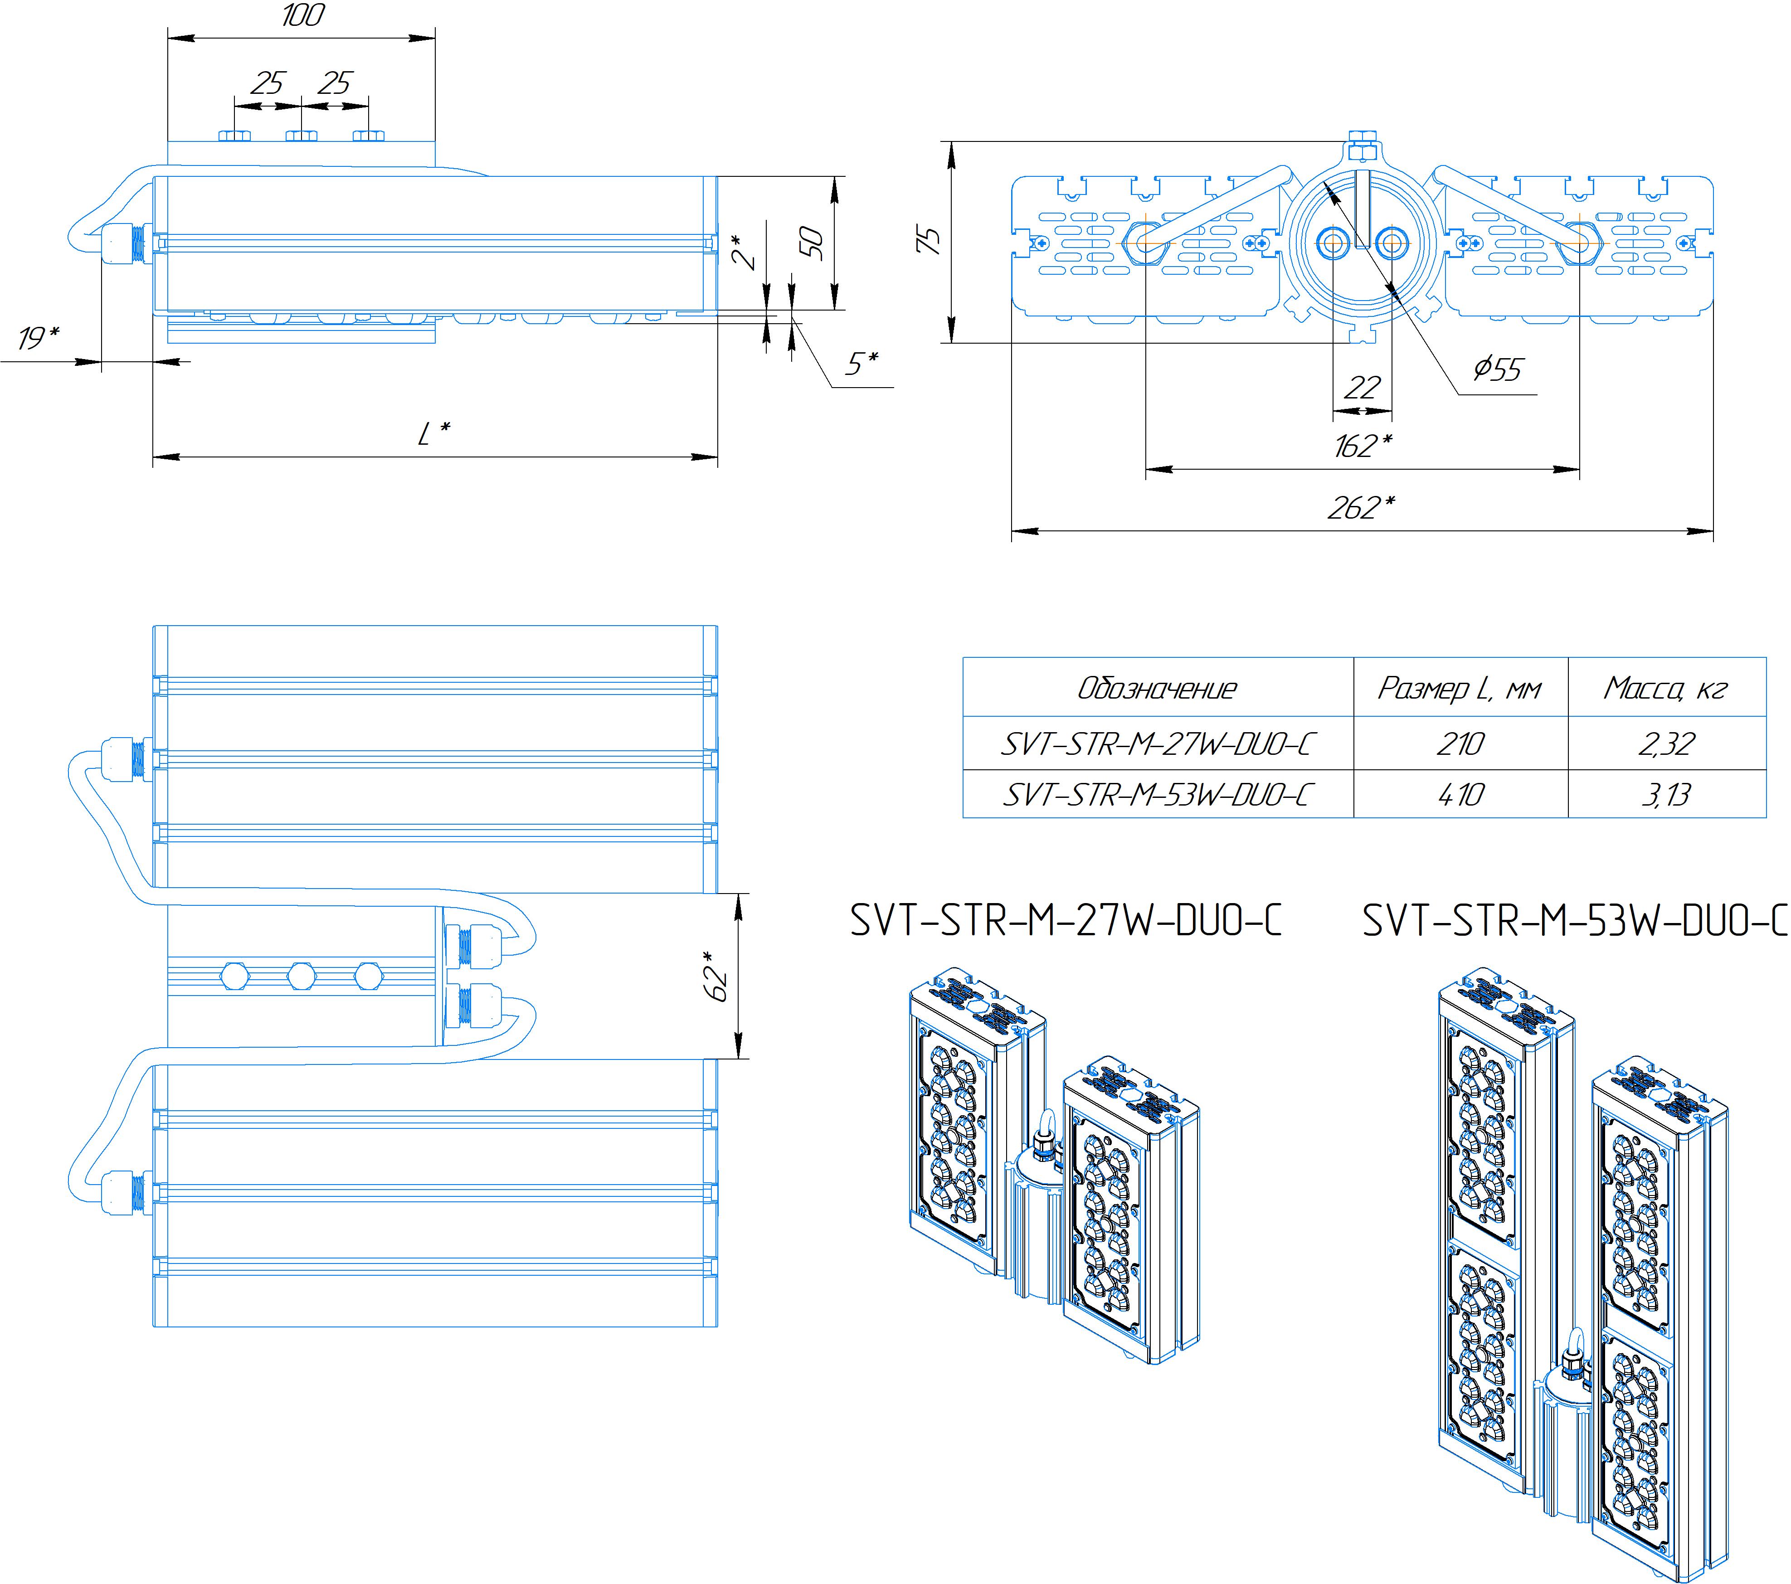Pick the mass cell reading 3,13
coord(1666,795)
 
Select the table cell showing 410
coord(1460,795)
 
